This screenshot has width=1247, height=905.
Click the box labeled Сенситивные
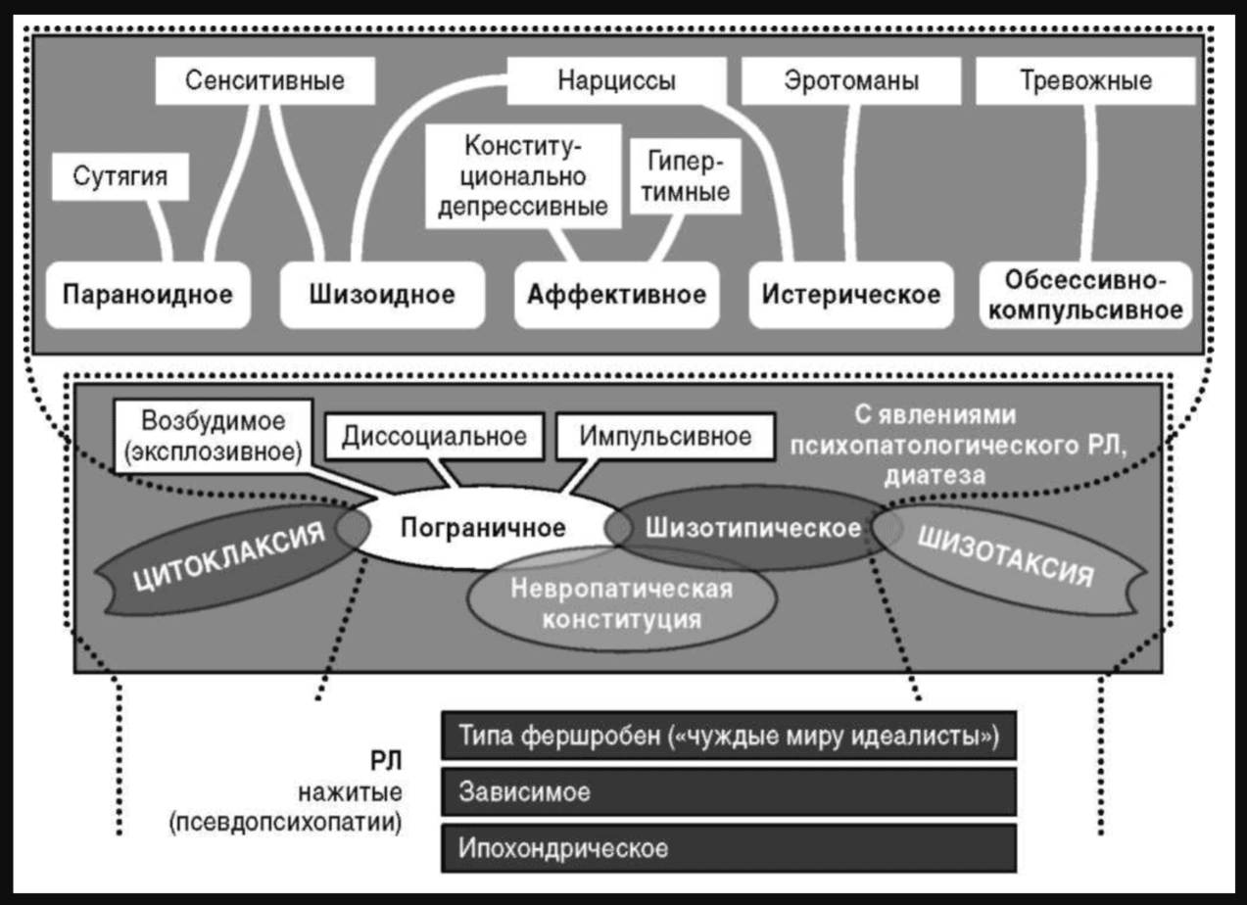coord(265,81)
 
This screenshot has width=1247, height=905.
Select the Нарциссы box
coord(616,81)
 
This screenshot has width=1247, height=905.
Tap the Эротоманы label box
coord(851,81)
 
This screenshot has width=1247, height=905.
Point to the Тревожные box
coord(1084,81)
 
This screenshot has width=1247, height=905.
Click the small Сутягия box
coord(120,176)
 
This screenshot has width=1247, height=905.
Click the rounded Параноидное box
coord(148,294)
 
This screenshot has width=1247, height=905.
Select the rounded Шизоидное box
coord(382,294)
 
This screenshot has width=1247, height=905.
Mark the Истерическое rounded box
coord(851,294)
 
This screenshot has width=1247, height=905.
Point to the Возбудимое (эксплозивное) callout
coord(213,434)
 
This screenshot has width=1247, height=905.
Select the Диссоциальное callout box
coord(434,436)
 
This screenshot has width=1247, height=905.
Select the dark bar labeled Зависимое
coord(728,791)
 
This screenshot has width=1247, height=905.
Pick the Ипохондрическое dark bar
coord(728,847)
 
